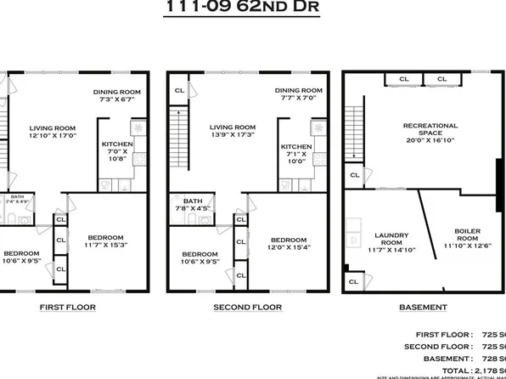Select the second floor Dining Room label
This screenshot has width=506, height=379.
(x=299, y=94)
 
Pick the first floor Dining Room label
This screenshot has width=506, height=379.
(x=117, y=94)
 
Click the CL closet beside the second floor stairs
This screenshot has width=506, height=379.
(x=179, y=90)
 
